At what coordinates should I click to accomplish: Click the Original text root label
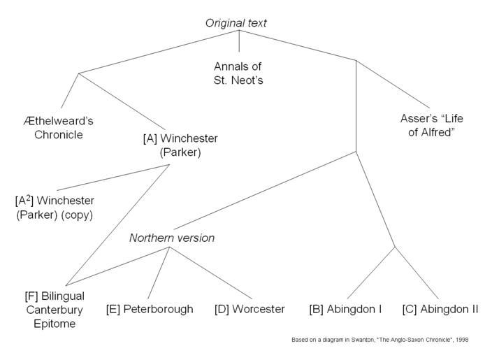point(236,23)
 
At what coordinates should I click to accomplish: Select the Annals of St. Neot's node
point(238,73)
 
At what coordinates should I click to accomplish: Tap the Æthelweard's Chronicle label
point(59,128)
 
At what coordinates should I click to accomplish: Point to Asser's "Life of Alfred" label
point(431,125)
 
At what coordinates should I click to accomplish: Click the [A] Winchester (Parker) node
point(180,145)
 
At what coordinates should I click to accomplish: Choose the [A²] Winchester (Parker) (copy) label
point(55,208)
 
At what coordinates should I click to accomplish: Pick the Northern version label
point(172,238)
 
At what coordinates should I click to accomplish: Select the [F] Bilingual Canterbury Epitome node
point(55,310)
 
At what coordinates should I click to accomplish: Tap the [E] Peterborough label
point(150,309)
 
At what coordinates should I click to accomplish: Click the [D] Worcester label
point(249,309)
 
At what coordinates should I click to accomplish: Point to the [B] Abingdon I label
point(345,309)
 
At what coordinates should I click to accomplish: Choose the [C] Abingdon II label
point(440,309)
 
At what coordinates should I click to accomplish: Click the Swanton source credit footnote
point(380,340)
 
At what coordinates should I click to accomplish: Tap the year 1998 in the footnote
point(462,340)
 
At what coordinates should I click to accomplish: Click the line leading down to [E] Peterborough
point(159,273)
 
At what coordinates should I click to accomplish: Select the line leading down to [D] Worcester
point(210,273)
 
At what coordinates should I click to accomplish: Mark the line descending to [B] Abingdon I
point(371,273)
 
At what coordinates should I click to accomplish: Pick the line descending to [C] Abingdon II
point(417,273)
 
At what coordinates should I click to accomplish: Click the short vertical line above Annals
point(239,41)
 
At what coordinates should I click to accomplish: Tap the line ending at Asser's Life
point(393,84)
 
